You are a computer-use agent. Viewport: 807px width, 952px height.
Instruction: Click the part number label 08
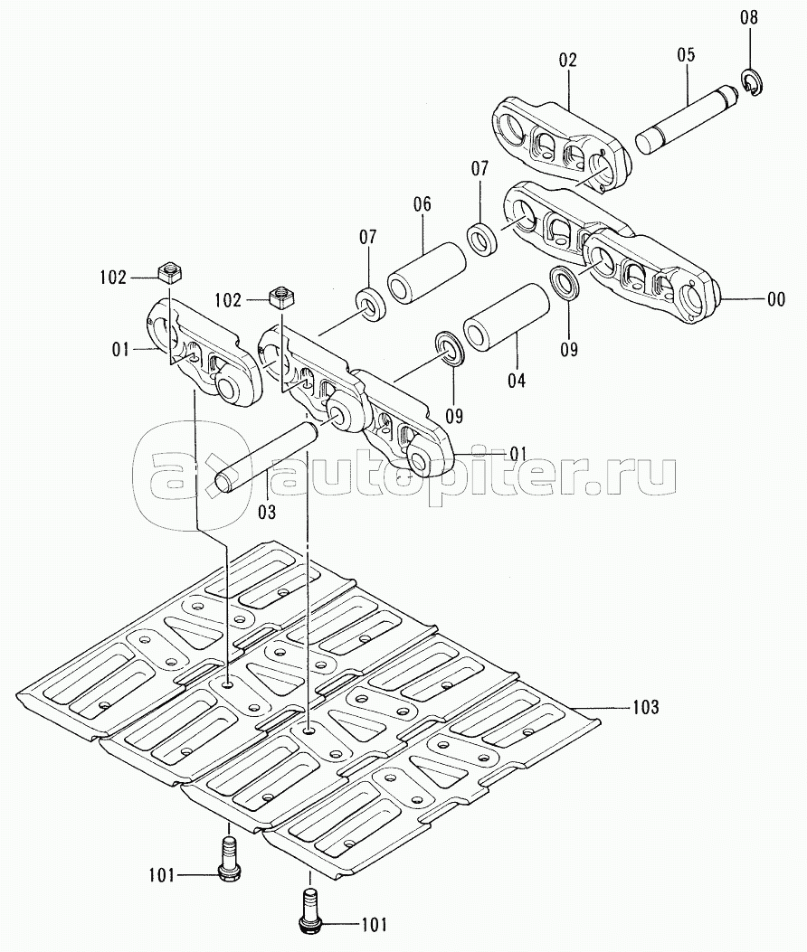tap(749, 17)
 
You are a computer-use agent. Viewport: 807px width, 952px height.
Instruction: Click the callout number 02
tap(568, 60)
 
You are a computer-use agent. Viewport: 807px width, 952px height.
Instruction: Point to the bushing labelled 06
tap(427, 272)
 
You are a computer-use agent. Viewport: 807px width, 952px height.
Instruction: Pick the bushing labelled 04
tap(507, 316)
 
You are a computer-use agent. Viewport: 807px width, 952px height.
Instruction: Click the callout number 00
tap(776, 299)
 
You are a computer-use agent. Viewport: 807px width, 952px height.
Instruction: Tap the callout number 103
tap(645, 707)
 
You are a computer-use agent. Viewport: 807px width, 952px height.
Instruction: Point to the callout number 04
tap(517, 381)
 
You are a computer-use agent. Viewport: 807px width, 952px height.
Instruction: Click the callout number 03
tap(267, 512)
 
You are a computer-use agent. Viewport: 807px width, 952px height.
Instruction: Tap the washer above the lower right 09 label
tap(565, 282)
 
